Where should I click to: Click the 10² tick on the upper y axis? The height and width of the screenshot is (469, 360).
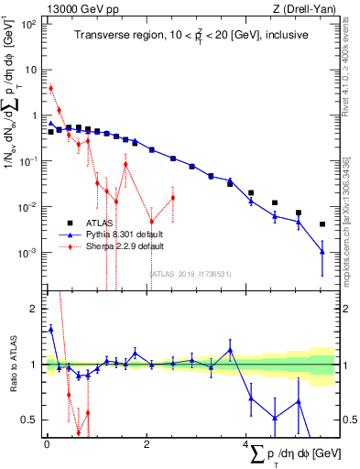[31, 24]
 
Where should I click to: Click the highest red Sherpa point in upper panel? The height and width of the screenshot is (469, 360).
[51, 88]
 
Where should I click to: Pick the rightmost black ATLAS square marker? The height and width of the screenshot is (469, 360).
[322, 224]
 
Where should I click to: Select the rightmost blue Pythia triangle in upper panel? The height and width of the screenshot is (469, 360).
[322, 251]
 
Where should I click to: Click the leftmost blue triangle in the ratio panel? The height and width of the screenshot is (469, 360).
[51, 328]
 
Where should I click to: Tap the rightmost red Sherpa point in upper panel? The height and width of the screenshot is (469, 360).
[172, 198]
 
